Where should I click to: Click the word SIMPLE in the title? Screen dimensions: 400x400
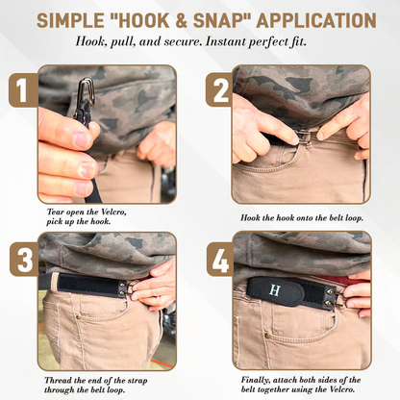(70, 19)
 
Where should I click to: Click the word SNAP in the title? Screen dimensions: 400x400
(212, 19)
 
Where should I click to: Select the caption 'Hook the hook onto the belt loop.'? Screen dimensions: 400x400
(300, 219)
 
